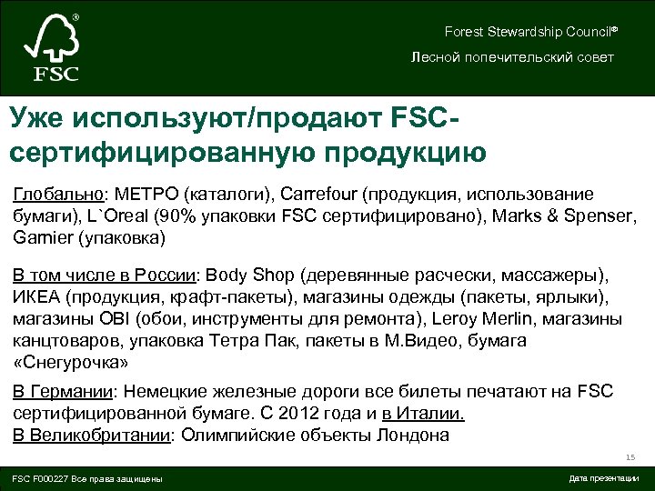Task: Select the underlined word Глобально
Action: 59,195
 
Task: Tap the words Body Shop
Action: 253,275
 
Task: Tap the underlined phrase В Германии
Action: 63,392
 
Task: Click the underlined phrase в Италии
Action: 424,414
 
